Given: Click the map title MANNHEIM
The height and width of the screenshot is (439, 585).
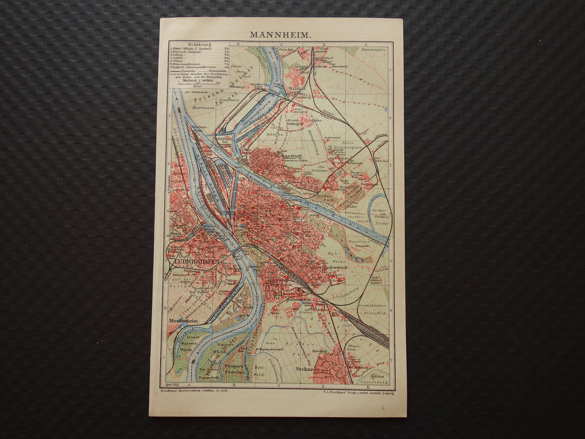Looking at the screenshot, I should (280, 34).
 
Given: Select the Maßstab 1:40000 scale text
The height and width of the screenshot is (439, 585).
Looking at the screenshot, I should (198, 81).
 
